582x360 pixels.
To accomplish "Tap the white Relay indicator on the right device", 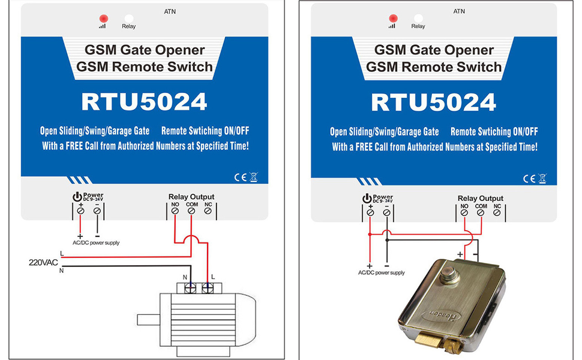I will click(x=418, y=18).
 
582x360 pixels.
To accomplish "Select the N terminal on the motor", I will click(x=191, y=289).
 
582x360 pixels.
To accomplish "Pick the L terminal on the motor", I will click(x=208, y=289).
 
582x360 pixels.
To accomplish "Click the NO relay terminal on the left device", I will click(x=175, y=212).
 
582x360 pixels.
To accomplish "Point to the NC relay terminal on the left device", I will click(x=208, y=212).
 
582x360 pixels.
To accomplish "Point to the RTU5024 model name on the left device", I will click(x=144, y=102).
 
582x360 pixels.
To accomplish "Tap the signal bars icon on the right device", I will click(x=392, y=26).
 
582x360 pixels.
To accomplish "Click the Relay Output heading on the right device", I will click(x=481, y=198).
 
